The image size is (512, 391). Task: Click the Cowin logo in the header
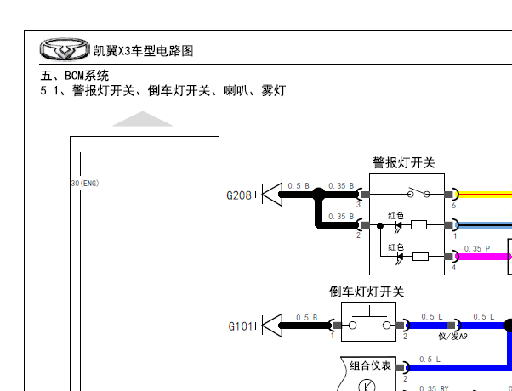pos(65,50)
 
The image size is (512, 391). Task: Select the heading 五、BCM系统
pos(75,76)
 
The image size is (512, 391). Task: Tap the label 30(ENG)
pos(85,183)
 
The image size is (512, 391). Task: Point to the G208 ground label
pos(238,195)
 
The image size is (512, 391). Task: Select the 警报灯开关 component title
pos(403,162)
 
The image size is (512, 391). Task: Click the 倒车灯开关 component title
pos(366,292)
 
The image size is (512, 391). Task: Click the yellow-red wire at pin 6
pos(485,195)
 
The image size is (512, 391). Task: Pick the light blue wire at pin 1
pos(485,225)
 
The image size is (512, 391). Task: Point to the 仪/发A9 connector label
pos(452,337)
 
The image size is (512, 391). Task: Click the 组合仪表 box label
pos(371,365)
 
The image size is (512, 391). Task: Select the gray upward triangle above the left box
pos(143,119)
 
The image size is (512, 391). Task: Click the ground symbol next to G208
pos(270,195)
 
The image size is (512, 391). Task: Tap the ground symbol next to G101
pos(270,325)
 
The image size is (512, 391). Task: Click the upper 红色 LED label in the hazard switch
pos(395,216)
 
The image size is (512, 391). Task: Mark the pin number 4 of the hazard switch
pos(453,267)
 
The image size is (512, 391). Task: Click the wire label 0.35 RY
pos(434,388)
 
